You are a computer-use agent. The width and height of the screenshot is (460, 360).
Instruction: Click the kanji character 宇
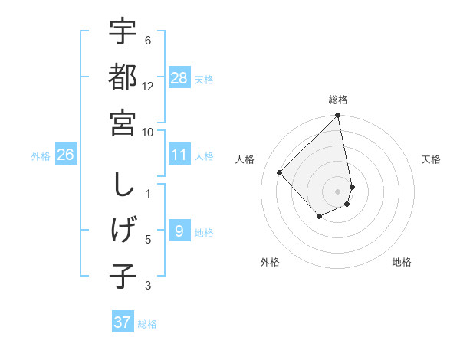[123, 31]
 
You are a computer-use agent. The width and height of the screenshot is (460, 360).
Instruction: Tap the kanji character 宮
[123, 122]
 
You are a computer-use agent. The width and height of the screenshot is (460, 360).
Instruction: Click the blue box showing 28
[179, 78]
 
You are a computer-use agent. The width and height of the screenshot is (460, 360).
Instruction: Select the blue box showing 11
[179, 155]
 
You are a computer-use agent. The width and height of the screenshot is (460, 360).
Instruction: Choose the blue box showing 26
[66, 155]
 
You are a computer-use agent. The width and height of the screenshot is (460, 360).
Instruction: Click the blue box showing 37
[123, 322]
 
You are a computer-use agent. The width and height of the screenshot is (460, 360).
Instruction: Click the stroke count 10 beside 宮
[148, 132]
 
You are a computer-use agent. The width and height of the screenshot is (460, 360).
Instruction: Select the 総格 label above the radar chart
[338, 100]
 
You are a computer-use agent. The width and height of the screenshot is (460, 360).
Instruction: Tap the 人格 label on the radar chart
[245, 159]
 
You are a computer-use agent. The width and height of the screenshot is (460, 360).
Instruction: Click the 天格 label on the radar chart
[431, 159]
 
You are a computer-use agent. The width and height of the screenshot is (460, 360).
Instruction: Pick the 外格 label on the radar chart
[269, 262]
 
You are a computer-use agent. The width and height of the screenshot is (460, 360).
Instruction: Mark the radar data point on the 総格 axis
[338, 116]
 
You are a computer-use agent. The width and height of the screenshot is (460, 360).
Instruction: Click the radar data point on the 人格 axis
[280, 172]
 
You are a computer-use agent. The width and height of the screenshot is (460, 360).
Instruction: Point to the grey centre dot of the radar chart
[338, 191]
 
